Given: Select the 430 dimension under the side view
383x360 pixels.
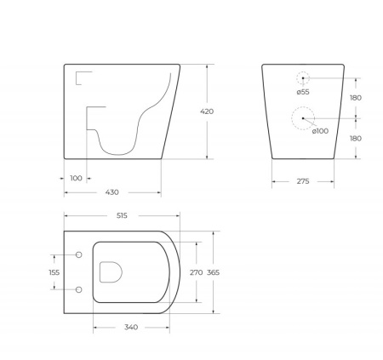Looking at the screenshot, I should (x=111, y=192).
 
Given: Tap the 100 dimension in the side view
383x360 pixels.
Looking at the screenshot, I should (x=77, y=178).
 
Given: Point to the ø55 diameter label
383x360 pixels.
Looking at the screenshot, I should (x=302, y=91).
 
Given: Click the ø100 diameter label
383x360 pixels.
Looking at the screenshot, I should (x=319, y=130).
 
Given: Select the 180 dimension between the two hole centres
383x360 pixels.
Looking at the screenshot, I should (x=356, y=98).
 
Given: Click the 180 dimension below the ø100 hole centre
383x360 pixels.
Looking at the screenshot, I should (x=356, y=138).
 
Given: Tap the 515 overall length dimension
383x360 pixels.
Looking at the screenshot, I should (x=121, y=216).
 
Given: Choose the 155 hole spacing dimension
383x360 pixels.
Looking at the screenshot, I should (x=54, y=272).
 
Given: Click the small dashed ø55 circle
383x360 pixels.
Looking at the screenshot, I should (x=303, y=77).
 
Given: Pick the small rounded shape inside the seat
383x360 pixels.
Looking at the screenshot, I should (x=111, y=272).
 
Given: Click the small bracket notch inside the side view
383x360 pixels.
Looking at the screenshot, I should (x=83, y=78).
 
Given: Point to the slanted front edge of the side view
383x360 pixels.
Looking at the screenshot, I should (x=170, y=111).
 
